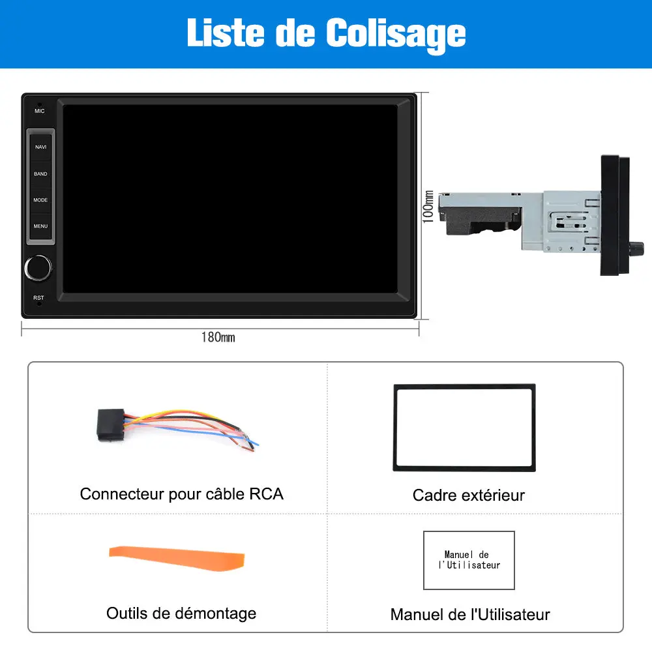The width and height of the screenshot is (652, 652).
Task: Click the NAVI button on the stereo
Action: tap(40, 147)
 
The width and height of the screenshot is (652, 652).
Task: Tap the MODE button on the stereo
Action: tap(40, 200)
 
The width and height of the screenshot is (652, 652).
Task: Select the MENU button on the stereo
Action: tap(40, 226)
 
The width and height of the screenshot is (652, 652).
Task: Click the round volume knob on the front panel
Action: tap(38, 268)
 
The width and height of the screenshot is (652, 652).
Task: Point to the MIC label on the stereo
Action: tap(40, 111)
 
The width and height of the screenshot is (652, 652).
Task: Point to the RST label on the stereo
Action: tap(38, 298)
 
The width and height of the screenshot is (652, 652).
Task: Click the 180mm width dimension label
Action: tap(218, 337)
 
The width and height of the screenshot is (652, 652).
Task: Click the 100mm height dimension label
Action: tap(428, 207)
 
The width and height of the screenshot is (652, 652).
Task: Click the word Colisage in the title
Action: tap(396, 33)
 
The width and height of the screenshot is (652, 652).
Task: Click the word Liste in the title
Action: tap(226, 33)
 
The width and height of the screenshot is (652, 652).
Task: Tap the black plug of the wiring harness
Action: tap(111, 424)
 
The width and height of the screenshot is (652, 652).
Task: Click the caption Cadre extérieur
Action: tap(469, 496)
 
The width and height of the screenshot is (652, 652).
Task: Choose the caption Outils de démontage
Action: tap(181, 614)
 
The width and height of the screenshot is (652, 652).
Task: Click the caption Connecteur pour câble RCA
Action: tap(182, 494)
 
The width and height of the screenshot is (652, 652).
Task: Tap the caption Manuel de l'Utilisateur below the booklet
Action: tap(470, 615)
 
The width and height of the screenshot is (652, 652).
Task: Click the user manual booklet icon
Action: tap(469, 560)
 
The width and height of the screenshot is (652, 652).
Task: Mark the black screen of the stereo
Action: tap(230, 199)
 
